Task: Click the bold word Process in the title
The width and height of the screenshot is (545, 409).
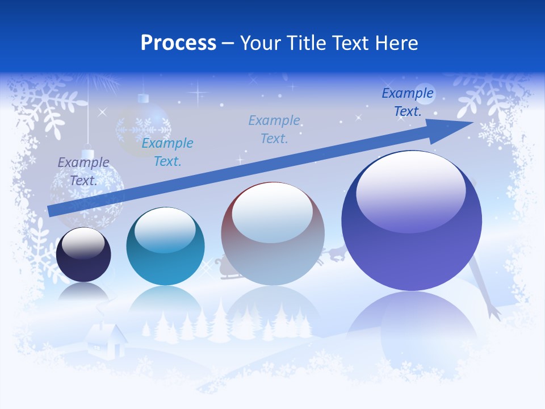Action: pyautogui.click(x=178, y=43)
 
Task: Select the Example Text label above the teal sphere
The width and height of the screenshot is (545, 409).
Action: pyautogui.click(x=167, y=152)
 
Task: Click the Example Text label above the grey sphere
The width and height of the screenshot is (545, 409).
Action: pyautogui.click(x=274, y=129)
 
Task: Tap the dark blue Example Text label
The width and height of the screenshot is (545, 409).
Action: pyautogui.click(x=408, y=102)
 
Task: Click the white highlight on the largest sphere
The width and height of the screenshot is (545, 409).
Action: pyautogui.click(x=410, y=193)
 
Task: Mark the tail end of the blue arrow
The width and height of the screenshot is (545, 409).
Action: pyautogui.click(x=51, y=211)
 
